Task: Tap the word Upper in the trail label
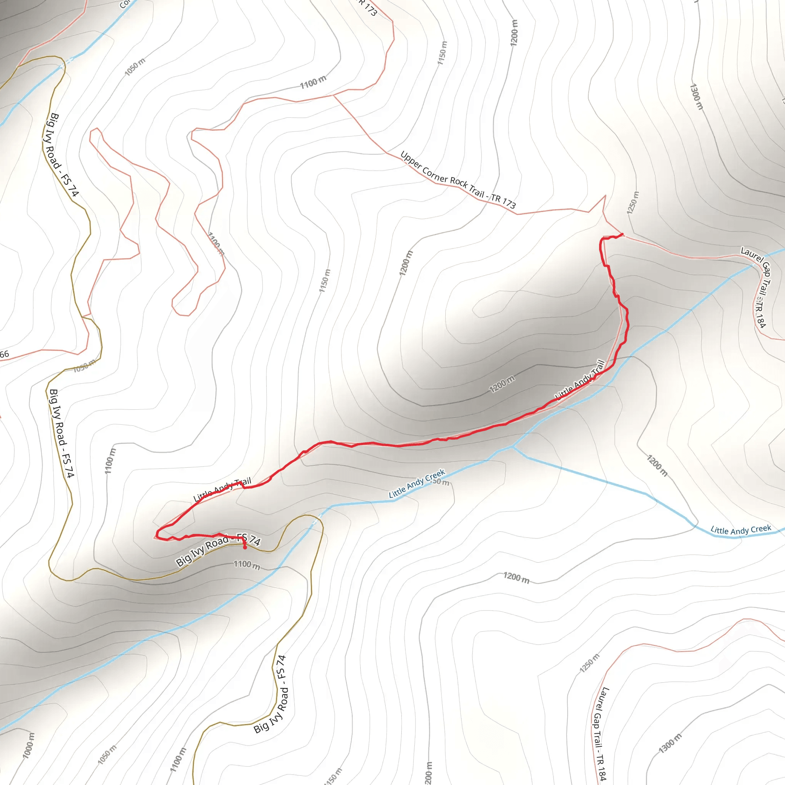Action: [410, 161]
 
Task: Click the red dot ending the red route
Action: [245, 547]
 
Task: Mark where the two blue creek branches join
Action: [512, 447]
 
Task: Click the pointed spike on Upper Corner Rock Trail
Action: [604, 197]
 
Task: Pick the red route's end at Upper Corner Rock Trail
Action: [622, 234]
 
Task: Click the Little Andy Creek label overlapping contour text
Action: [417, 483]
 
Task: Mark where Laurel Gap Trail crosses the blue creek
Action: [753, 265]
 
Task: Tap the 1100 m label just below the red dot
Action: [246, 564]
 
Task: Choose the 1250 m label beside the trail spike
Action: [632, 202]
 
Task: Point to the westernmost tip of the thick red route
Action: [157, 535]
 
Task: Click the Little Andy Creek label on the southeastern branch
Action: [740, 530]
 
